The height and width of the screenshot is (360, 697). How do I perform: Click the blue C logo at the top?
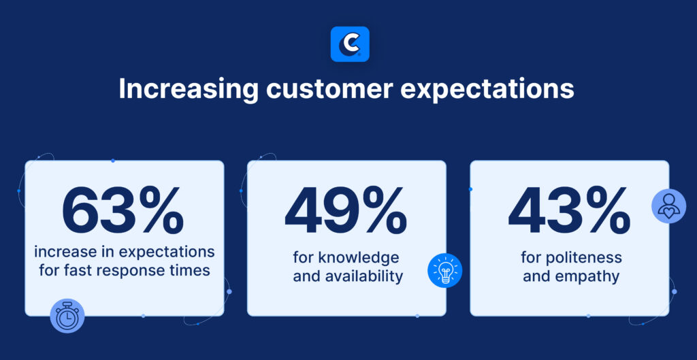pyautogui.click(x=349, y=44)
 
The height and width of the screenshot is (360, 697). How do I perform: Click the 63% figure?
pyautogui.click(x=124, y=211)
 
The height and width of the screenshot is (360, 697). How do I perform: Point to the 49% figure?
pyautogui.click(x=346, y=211)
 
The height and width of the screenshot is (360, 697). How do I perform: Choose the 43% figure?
pyautogui.click(x=569, y=211)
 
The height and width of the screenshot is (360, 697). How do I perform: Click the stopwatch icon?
pyautogui.click(x=67, y=316)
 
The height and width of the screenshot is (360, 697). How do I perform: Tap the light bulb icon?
pyautogui.click(x=444, y=270)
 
